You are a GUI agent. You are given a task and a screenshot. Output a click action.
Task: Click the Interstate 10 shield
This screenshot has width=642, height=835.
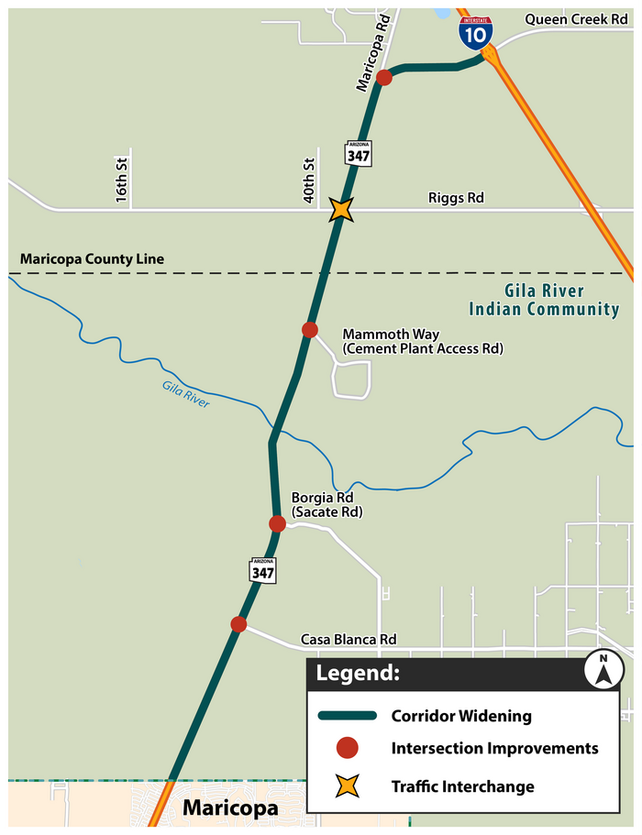(x=475, y=32)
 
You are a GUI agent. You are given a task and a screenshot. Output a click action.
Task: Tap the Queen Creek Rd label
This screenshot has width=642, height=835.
(x=576, y=19)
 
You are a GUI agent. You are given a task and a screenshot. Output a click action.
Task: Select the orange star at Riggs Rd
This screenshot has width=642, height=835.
(x=341, y=210)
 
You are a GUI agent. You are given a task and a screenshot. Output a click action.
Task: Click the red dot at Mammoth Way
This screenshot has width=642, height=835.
(x=310, y=330)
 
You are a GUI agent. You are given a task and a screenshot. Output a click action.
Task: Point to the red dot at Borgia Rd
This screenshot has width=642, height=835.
(x=277, y=523)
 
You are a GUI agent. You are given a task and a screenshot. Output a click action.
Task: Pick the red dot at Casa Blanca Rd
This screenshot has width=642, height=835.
(x=238, y=624)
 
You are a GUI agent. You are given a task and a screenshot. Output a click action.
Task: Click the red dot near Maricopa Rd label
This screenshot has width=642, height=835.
(x=384, y=78)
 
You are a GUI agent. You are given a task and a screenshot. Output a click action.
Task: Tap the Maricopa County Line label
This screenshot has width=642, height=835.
(x=92, y=259)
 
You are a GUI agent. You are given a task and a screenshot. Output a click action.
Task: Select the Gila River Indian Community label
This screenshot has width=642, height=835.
(x=544, y=301)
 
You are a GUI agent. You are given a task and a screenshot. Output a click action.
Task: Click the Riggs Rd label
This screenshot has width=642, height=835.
(x=456, y=198)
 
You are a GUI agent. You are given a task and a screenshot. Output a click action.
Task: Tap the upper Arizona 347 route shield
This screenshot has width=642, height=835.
(x=358, y=153)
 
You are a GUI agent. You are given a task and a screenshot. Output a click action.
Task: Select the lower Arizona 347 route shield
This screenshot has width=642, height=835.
(x=261, y=568)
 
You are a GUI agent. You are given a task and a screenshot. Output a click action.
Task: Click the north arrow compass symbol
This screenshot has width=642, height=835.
(x=603, y=670)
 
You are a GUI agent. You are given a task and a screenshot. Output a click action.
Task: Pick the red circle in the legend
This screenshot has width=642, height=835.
(x=347, y=749)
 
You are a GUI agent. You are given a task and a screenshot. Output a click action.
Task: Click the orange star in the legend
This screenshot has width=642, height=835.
(x=347, y=786)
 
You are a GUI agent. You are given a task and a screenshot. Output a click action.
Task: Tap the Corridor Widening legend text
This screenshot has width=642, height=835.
(x=460, y=715)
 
